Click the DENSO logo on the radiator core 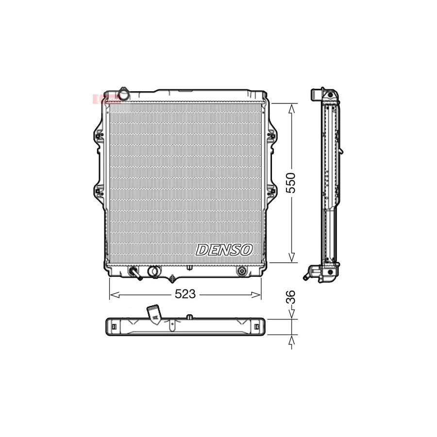click(x=224, y=250)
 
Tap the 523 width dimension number click(x=185, y=294)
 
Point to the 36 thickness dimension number click(x=291, y=297)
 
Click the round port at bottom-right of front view click(x=241, y=271)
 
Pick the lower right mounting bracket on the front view click(x=271, y=191)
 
